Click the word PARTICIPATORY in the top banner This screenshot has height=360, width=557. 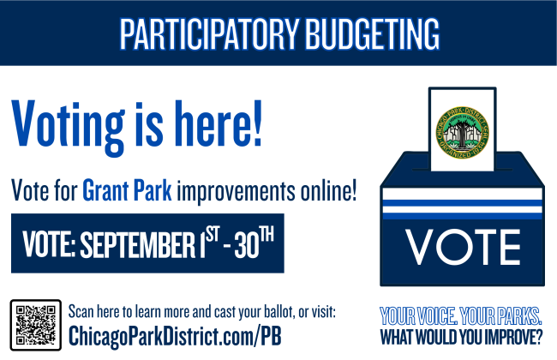click(x=209, y=33)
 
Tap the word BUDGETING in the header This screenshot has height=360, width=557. click(x=373, y=33)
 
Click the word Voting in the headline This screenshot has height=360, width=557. click(x=69, y=127)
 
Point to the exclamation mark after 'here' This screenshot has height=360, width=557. click(x=257, y=123)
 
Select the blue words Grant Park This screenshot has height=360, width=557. click(x=127, y=190)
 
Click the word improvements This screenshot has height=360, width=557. click(x=236, y=191)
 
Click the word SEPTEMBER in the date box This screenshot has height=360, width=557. click(x=137, y=244)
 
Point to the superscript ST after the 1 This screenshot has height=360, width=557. click(x=213, y=234)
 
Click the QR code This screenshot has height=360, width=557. click(x=35, y=325)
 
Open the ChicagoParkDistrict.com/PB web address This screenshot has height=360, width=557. click(x=175, y=336)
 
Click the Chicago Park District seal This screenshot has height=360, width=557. click(x=462, y=133)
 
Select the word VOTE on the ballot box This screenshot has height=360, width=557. click(x=463, y=247)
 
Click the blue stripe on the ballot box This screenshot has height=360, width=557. click(x=462, y=203)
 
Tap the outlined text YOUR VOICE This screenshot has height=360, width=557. click(x=418, y=316)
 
